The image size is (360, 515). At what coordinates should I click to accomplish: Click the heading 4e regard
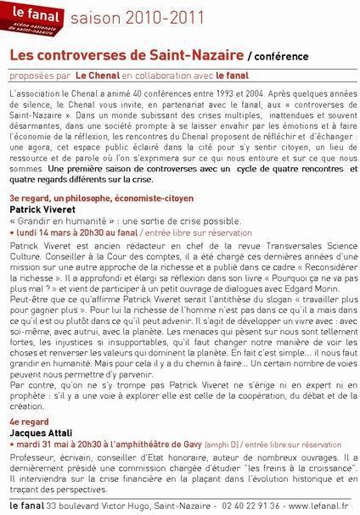pos(25,419)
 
